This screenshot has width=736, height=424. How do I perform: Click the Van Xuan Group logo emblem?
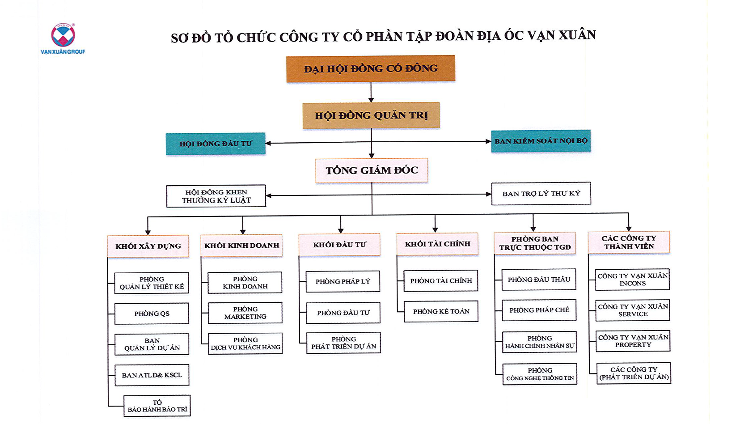63,35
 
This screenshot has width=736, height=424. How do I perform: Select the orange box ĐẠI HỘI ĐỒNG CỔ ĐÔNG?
371,68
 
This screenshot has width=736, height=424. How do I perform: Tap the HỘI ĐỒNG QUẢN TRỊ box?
371,115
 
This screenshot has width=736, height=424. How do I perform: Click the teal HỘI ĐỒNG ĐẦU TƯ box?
216,144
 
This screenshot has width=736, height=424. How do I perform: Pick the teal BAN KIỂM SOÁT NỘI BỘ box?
541,141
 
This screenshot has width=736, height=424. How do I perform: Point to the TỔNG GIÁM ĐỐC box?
372,170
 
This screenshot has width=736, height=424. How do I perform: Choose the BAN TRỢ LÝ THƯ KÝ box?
541,193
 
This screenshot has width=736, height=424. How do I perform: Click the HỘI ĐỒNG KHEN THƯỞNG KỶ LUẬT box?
216,196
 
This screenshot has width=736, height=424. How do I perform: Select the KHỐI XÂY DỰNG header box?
148,246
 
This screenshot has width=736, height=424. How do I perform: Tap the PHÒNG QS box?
152,314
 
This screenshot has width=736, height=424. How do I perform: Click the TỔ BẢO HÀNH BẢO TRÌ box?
157,406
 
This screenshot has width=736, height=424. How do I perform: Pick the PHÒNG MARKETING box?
245,313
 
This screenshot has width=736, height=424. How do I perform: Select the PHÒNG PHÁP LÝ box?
343,281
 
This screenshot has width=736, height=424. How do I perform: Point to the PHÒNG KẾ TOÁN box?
441,311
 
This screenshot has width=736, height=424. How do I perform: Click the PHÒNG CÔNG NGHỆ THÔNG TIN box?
540,374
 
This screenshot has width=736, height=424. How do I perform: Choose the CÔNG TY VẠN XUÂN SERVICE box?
633,310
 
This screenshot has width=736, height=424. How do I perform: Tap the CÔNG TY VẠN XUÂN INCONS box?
632,279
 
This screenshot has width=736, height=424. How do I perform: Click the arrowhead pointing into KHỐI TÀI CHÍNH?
435,229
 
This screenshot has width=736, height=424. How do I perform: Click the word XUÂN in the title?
577,34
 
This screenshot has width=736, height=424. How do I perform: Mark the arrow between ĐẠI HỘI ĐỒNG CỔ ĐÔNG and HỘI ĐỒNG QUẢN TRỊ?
371,92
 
